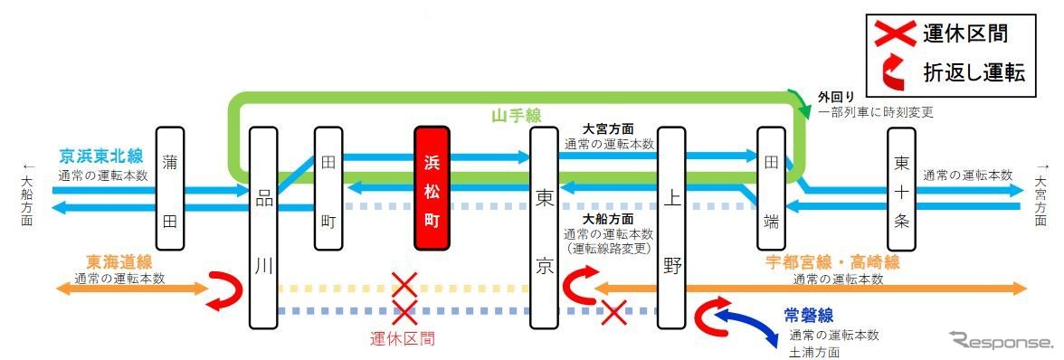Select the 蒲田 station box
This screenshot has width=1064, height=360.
pyautogui.click(x=169, y=188)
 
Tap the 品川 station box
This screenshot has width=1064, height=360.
pyautogui.click(x=263, y=226)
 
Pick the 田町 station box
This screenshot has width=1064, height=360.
pyautogui.click(x=328, y=188)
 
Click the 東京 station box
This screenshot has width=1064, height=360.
pyautogui.click(x=544, y=226)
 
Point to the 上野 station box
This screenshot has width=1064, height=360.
pyautogui.click(x=670, y=226)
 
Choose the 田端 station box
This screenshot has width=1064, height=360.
pyautogui.click(x=772, y=188)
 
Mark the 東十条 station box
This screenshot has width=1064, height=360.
pyautogui.click(x=901, y=188)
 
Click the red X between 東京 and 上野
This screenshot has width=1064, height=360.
pyautogui.click(x=614, y=313)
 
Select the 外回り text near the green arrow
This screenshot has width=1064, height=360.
pyautogui.click(x=835, y=97)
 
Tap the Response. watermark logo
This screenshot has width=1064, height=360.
pyautogui.click(x=1002, y=341)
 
